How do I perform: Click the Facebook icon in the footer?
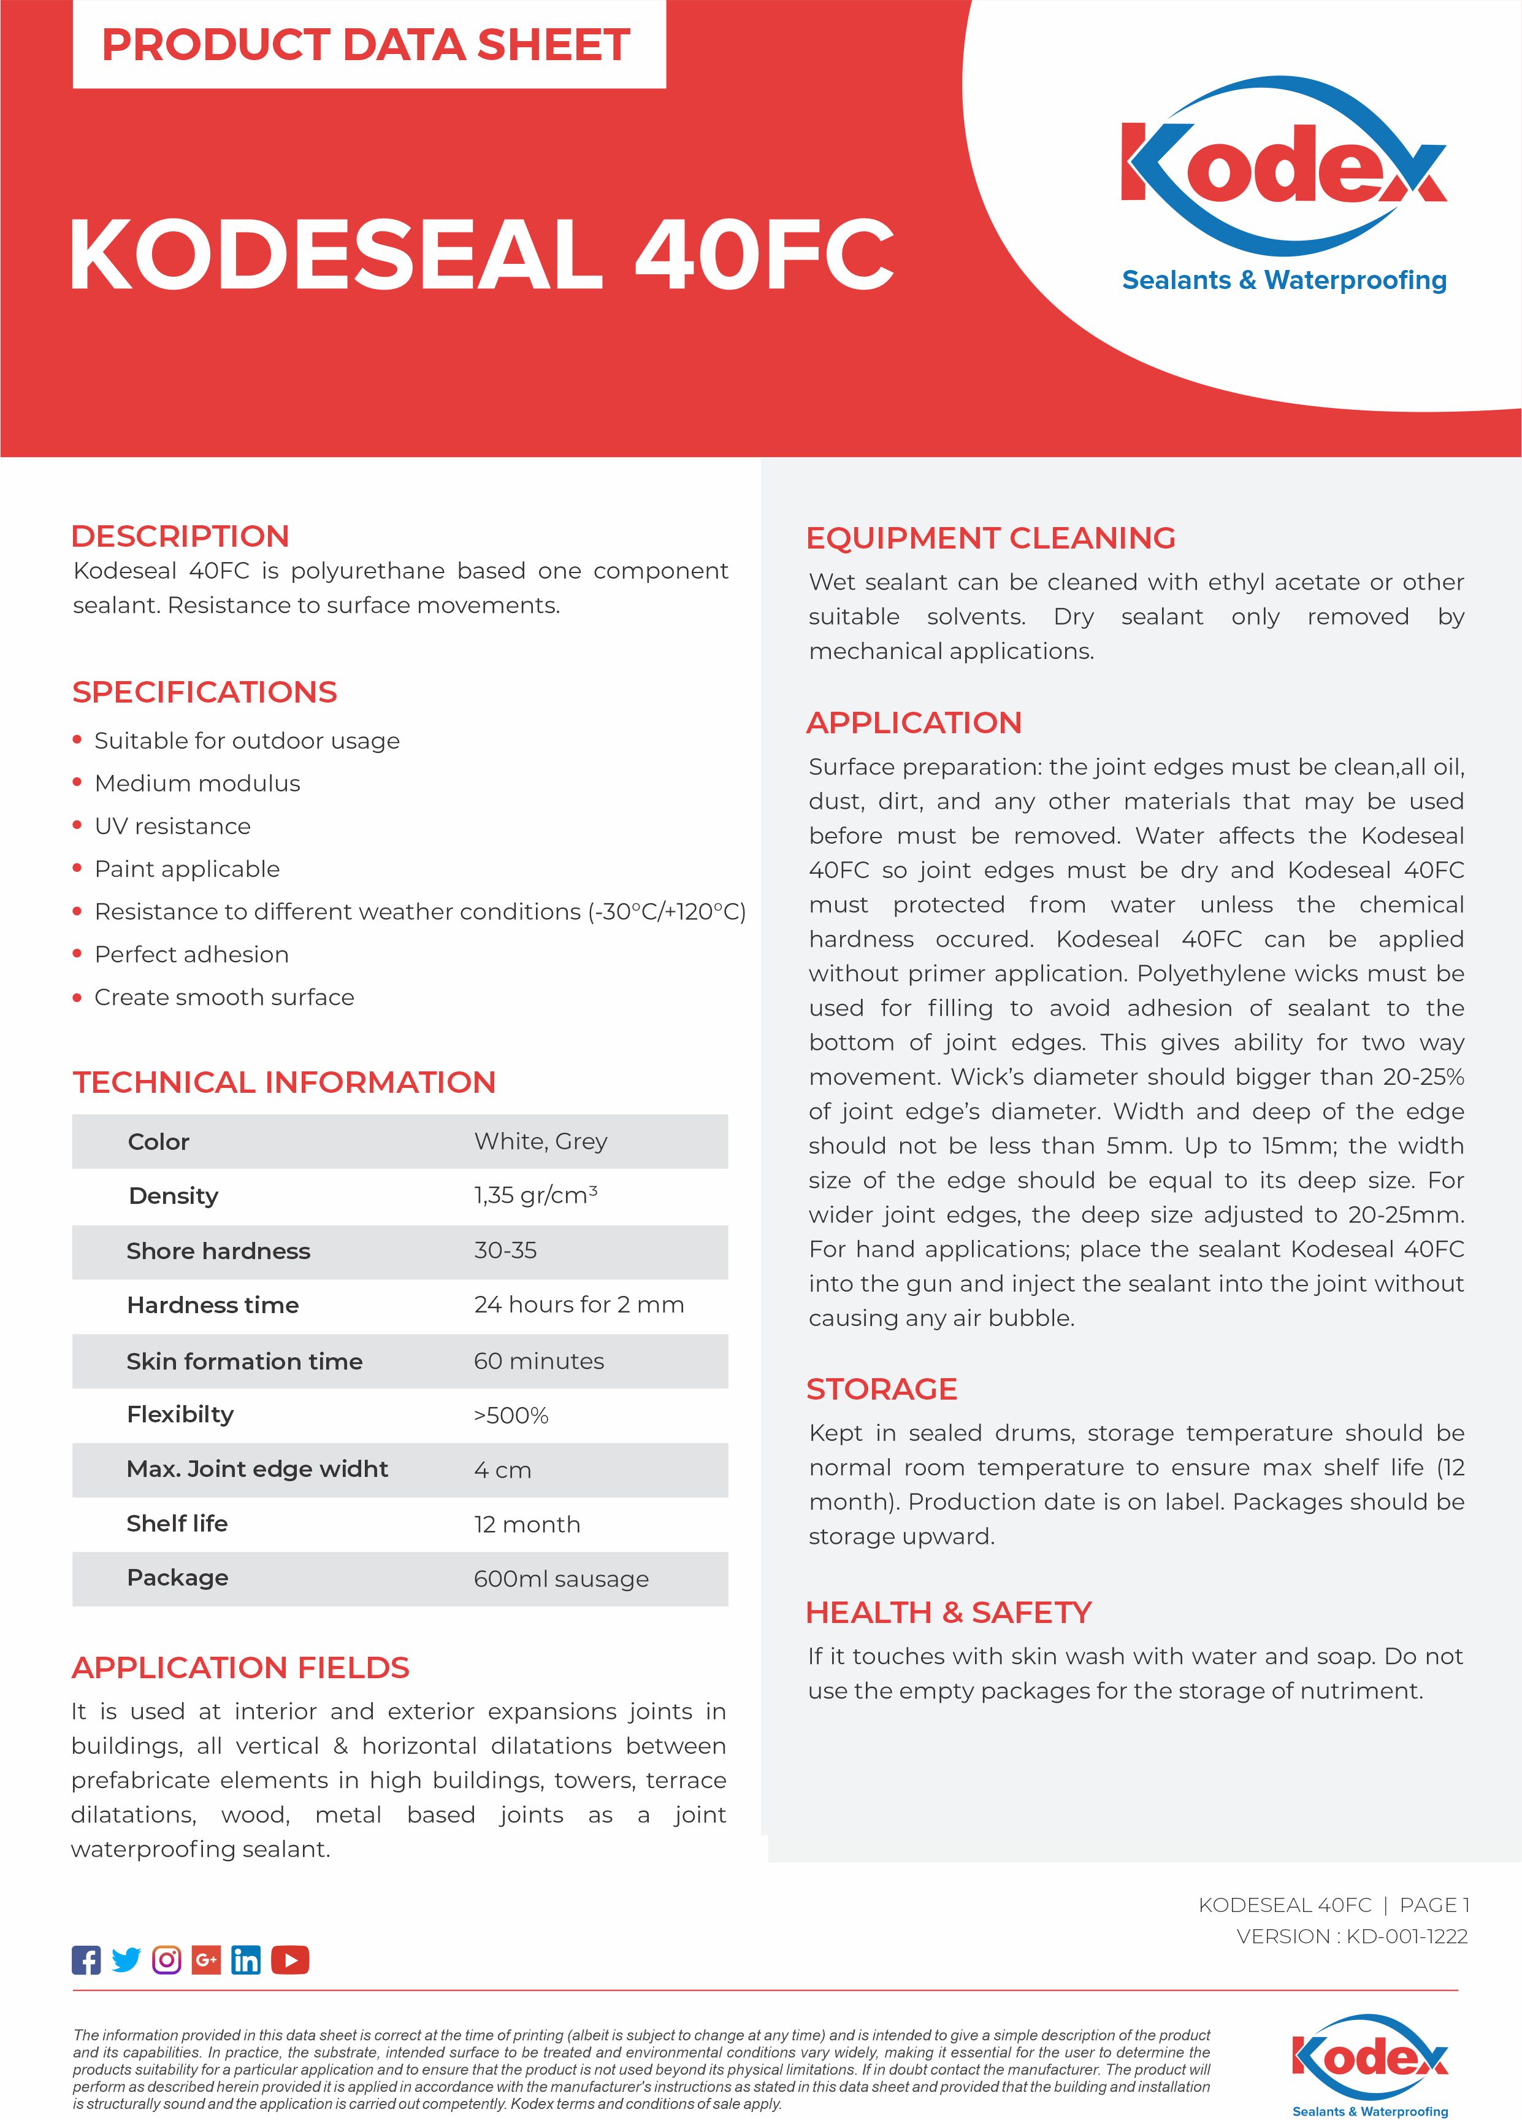[x=86, y=1960]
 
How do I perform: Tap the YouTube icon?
[x=289, y=1960]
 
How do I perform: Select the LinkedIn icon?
[x=246, y=1960]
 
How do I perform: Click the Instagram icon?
[x=166, y=1960]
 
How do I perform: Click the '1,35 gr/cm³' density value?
[x=535, y=1195]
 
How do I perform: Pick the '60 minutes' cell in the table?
[x=538, y=1361]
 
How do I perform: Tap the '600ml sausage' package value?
[x=560, y=1579]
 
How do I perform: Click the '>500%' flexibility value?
[x=511, y=1415]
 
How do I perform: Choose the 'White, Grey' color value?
[x=540, y=1141]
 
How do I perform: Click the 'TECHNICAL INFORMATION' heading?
[x=284, y=1082]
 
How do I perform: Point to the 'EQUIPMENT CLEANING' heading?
[x=990, y=538]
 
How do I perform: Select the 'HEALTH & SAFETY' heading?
[x=948, y=1613]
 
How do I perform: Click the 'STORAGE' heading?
[x=881, y=1389]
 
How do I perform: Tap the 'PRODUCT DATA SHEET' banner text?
[x=366, y=45]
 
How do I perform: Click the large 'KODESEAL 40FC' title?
[x=481, y=254]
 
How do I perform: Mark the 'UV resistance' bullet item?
[x=173, y=827]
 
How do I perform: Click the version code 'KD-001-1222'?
[x=1406, y=1937]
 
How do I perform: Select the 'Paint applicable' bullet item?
[x=187, y=869]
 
